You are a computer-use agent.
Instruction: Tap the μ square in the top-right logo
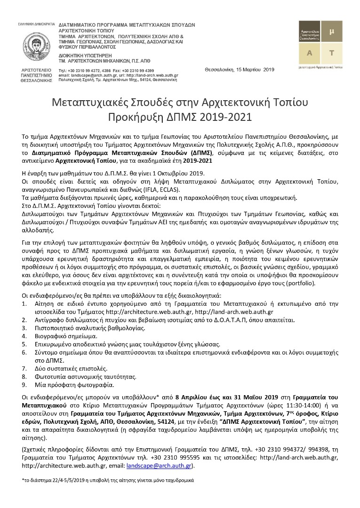pyautogui.click(x=332, y=31)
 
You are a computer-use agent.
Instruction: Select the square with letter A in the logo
pyautogui.click(x=310, y=53)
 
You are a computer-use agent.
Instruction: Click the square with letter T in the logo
pyautogui.click(x=332, y=53)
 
